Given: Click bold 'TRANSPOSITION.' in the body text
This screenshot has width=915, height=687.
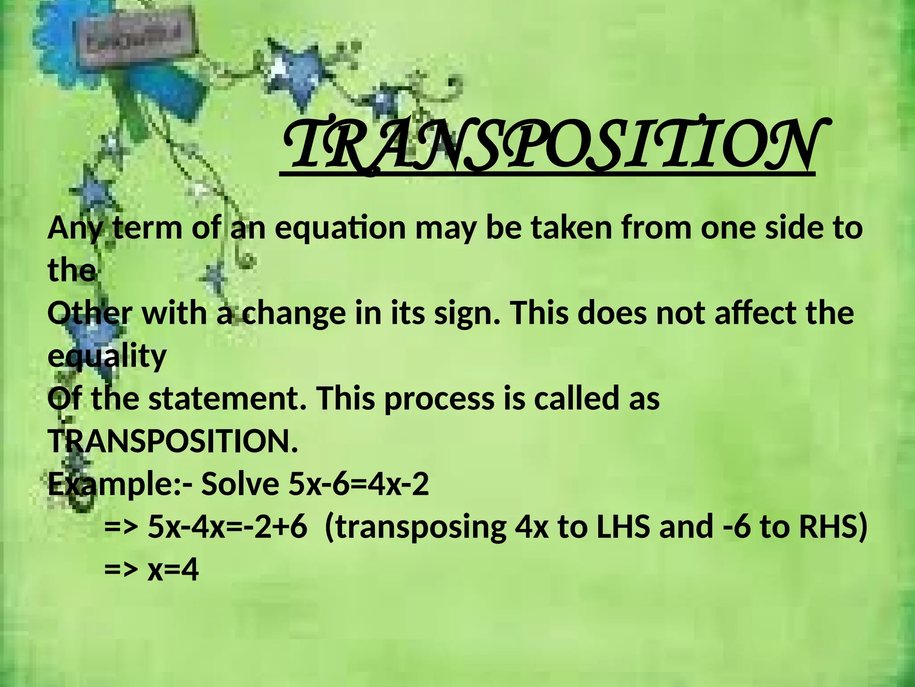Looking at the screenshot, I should click(172, 441).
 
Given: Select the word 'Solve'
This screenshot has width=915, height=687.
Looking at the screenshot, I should click(242, 483).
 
